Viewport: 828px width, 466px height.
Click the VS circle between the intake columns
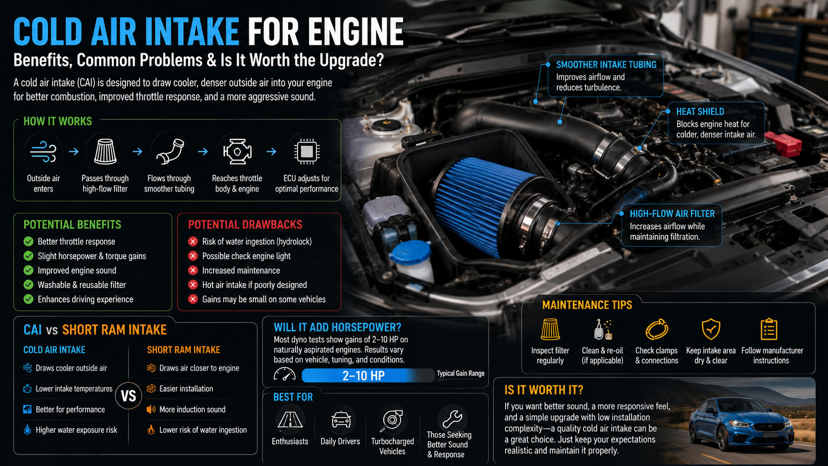[x=128, y=396]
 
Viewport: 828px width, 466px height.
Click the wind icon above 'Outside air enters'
[x=43, y=152]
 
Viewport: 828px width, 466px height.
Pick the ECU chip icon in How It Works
[x=307, y=151]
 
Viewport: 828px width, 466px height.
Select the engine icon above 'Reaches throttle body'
[x=237, y=151]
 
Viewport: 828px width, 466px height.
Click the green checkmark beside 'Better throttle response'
[x=28, y=241]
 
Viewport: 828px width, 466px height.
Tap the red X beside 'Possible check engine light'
[x=193, y=256]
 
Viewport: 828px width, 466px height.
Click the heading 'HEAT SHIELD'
[x=700, y=111]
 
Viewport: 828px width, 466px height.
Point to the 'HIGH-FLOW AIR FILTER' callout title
[x=672, y=213]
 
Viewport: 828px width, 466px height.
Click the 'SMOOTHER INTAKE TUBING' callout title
[x=606, y=65]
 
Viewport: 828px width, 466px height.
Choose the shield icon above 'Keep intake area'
[x=711, y=329]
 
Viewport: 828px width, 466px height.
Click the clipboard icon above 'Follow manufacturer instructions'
[x=769, y=329]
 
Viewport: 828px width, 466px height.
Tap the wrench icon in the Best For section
[x=452, y=418]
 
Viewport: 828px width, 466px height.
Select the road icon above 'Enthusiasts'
[x=290, y=420]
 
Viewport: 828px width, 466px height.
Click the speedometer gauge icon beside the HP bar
[x=285, y=374]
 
